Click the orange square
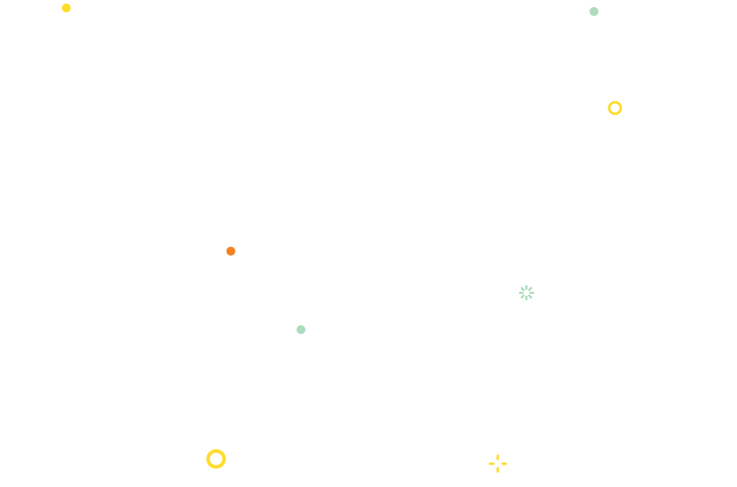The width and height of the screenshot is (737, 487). [230, 251]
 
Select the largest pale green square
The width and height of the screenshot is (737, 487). [526, 292]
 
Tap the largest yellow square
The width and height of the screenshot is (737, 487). [216, 459]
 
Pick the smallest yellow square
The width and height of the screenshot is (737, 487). [67, 8]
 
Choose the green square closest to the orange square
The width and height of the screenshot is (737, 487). [301, 329]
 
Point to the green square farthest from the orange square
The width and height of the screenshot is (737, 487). [594, 12]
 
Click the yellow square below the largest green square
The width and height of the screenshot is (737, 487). [498, 463]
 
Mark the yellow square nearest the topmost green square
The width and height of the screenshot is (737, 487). [615, 108]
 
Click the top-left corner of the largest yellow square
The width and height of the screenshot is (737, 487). [205, 448]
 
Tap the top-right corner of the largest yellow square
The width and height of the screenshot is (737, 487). [227, 448]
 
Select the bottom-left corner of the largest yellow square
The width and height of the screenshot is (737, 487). [205, 470]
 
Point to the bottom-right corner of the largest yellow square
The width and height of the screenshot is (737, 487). [227, 470]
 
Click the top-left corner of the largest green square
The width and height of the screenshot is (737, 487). [517, 284]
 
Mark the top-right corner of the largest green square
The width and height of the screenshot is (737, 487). [535, 284]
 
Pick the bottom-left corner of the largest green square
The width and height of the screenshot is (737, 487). [517, 302]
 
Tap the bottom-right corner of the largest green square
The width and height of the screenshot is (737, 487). [535, 302]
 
